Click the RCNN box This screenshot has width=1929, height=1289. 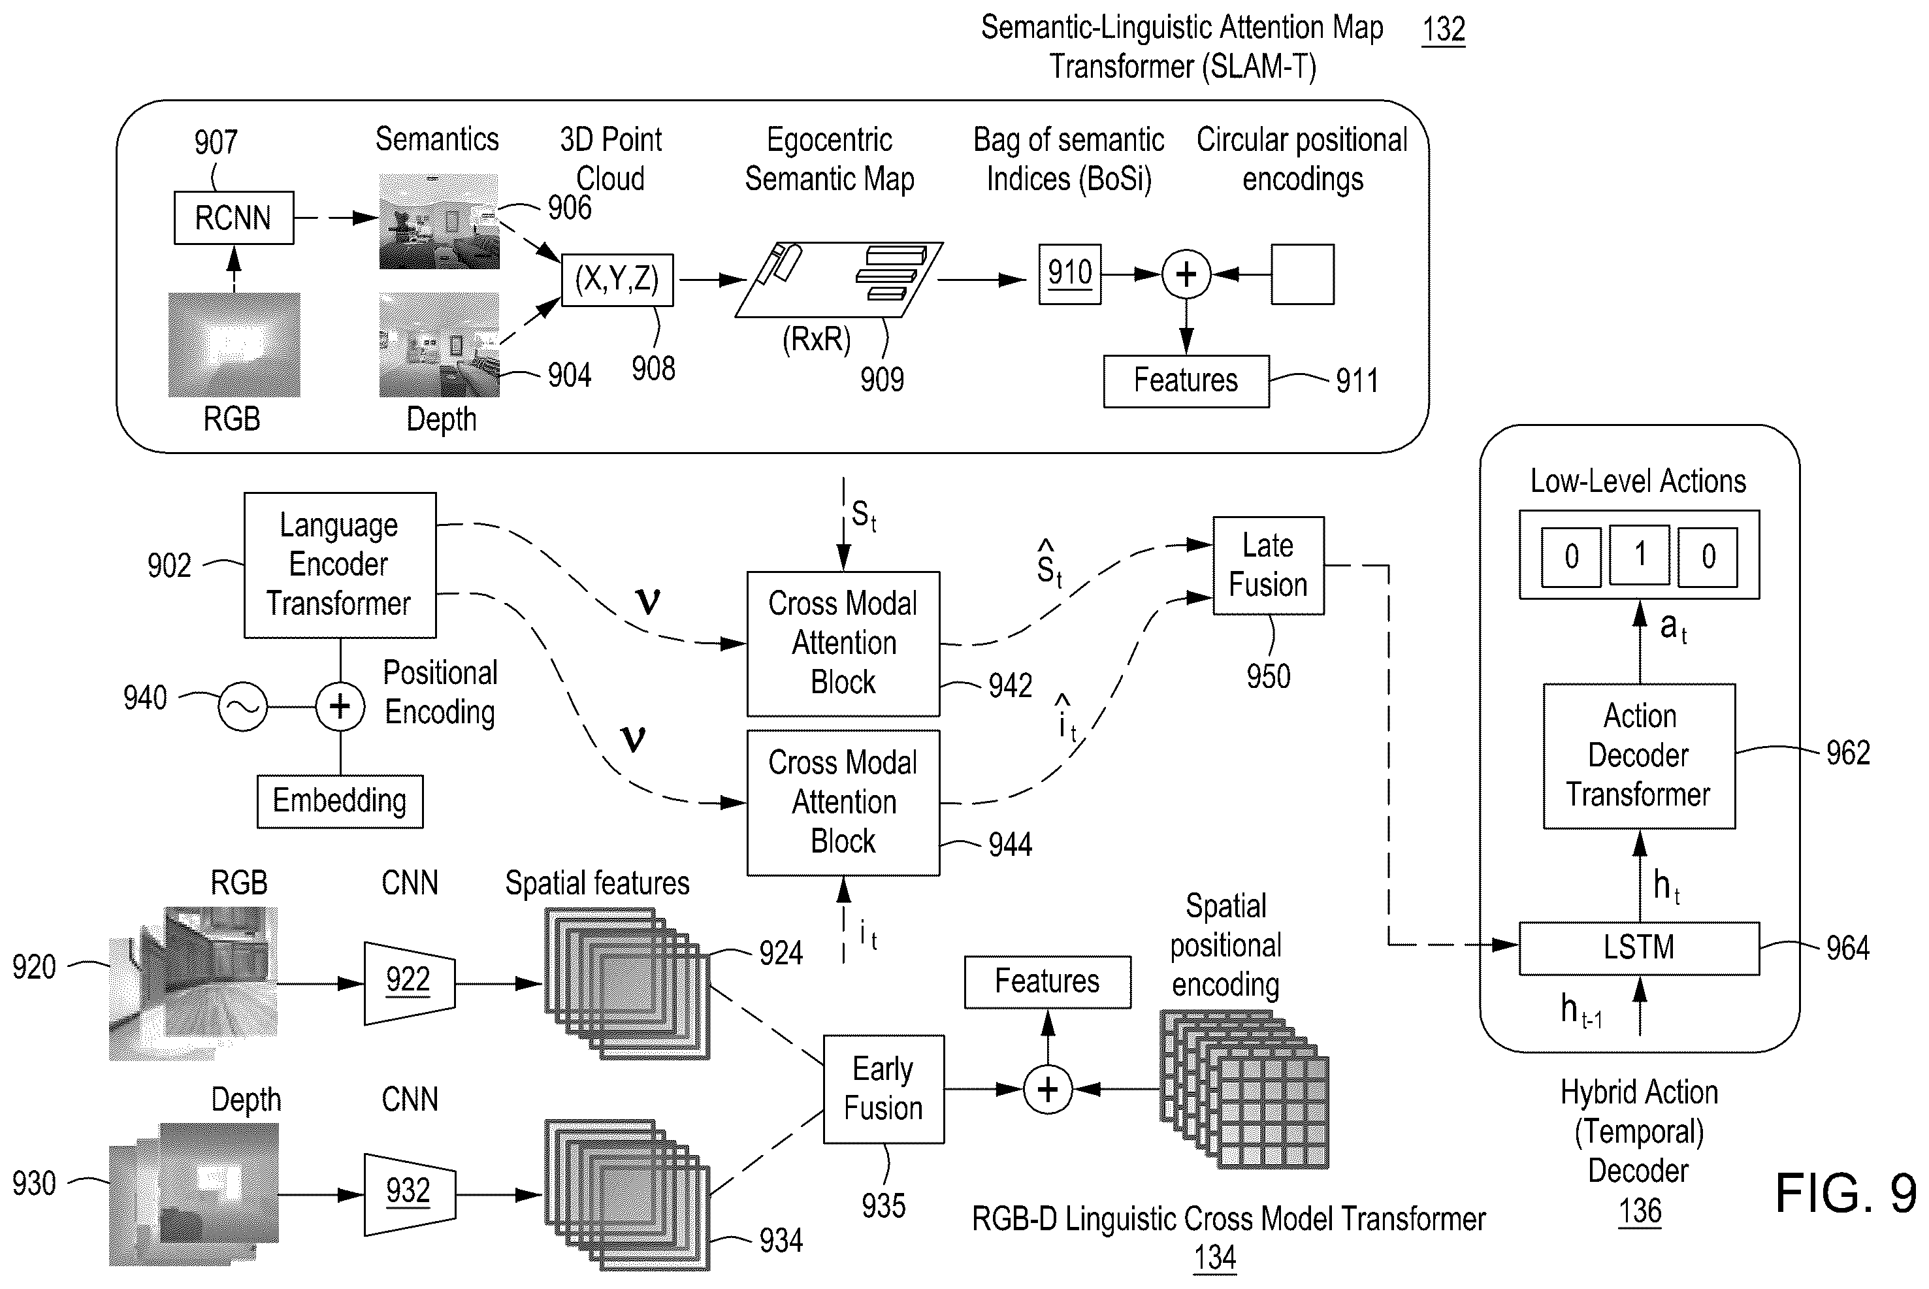233,218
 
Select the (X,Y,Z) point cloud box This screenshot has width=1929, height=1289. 617,280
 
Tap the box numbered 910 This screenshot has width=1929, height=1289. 1069,274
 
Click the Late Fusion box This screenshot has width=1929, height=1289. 1268,566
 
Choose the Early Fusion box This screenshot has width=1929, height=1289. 884,1088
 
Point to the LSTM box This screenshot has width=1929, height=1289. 1639,948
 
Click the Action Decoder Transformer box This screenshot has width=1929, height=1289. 1639,755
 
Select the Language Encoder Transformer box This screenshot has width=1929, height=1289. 340,564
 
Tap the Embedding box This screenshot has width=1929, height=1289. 340,801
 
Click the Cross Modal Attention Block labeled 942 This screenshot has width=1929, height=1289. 843,644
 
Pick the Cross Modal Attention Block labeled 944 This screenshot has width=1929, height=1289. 843,802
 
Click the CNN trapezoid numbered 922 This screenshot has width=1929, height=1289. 410,983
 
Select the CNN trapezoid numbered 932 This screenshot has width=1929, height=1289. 410,1194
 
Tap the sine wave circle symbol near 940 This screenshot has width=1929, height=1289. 242,706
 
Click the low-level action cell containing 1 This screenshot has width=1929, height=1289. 1639,556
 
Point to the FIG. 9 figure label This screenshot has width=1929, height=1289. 1845,1193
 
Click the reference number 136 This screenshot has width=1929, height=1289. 1640,1210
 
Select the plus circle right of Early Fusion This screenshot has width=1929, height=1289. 1048,1089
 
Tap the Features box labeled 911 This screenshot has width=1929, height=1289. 1186,381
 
